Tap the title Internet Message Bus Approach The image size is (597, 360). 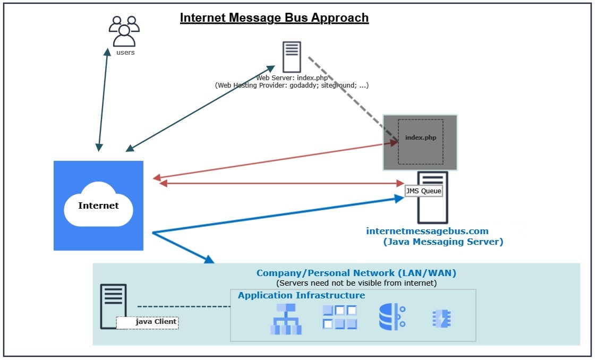[274, 18]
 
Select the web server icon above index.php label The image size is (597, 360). [291, 57]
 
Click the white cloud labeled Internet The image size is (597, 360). [99, 205]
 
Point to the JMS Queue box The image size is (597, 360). [423, 191]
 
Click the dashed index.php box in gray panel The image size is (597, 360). [421, 141]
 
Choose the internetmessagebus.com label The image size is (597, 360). [427, 231]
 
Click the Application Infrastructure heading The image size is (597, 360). [301, 295]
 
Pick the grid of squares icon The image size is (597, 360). [340, 317]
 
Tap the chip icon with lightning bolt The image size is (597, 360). [441, 319]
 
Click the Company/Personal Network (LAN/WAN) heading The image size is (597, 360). [356, 273]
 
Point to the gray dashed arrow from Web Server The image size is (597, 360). [351, 96]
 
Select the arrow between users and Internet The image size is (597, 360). [103, 98]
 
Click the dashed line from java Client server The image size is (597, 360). [183, 306]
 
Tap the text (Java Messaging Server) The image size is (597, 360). [442, 242]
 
